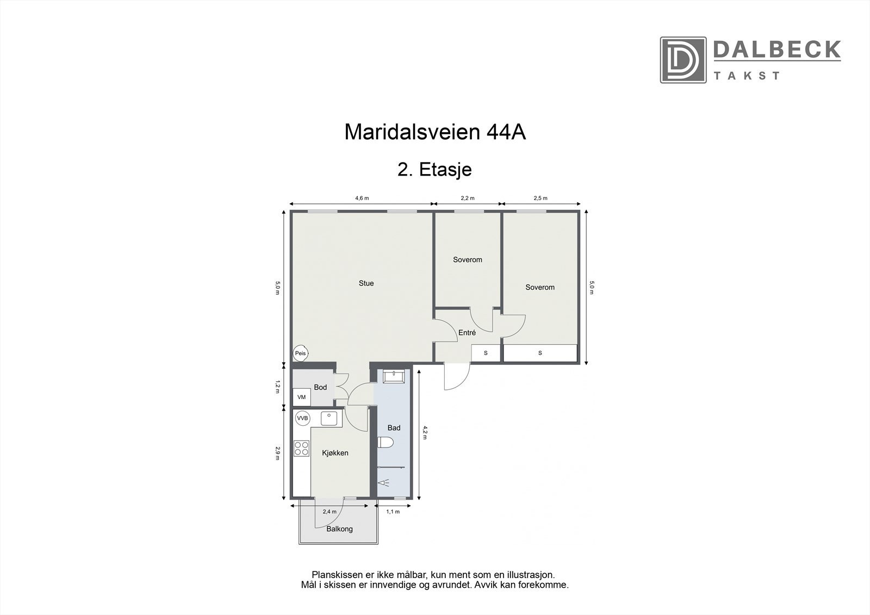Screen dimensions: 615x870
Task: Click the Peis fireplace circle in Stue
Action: click(300, 353)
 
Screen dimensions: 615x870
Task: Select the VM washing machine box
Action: click(302, 397)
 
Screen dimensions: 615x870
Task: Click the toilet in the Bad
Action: click(386, 443)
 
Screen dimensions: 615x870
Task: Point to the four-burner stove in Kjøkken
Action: click(301, 449)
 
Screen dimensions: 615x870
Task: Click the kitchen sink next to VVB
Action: click(329, 418)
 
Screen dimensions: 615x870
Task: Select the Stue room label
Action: click(366, 283)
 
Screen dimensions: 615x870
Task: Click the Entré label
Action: click(467, 333)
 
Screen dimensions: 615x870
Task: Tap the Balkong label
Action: click(339, 529)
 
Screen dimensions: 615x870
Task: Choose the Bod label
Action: click(320, 387)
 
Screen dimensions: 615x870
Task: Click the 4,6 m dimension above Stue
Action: click(362, 198)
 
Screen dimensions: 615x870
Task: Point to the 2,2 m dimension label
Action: click(468, 198)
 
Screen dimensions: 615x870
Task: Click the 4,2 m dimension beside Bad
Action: click(425, 432)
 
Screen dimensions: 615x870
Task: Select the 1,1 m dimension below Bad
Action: click(393, 512)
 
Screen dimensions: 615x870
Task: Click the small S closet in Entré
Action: click(486, 353)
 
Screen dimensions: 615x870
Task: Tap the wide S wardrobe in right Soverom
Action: click(539, 353)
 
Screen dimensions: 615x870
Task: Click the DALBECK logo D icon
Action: click(683, 60)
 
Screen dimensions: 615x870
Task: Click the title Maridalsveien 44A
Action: click(435, 132)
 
